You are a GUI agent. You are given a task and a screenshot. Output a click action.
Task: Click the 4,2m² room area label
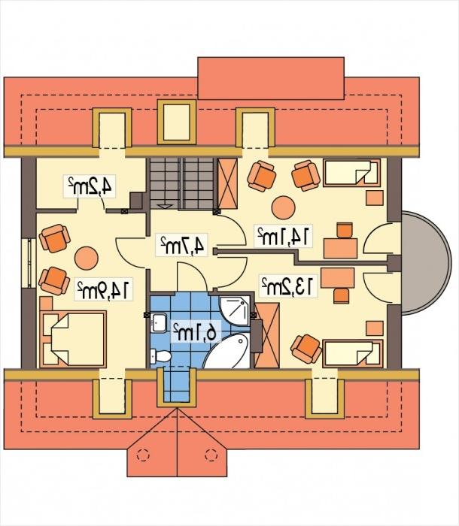(x=90, y=186)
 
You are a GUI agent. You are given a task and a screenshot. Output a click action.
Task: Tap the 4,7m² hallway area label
(x=182, y=245)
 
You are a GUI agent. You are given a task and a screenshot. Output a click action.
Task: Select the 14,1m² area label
(x=283, y=237)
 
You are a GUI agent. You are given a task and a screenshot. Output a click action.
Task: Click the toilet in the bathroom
(x=161, y=356)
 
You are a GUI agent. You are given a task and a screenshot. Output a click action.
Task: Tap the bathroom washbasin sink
(x=158, y=322)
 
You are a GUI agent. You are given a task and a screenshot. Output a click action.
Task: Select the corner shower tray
(x=235, y=310)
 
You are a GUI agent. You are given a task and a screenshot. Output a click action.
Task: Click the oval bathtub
(x=227, y=351)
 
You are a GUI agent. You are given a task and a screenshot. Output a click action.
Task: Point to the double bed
(x=73, y=339)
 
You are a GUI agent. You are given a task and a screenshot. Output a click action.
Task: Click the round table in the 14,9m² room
(x=87, y=258)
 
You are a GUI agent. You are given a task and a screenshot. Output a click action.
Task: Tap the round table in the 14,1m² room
(x=283, y=207)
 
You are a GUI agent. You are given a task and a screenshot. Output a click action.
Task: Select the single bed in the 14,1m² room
(x=352, y=173)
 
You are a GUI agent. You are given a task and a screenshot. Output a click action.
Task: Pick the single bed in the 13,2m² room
(x=352, y=354)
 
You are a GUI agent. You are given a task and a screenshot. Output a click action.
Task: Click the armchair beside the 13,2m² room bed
(x=306, y=349)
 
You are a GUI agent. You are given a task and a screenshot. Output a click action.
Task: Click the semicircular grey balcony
(x=426, y=263)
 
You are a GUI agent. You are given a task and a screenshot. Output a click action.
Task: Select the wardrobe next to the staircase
(x=227, y=184)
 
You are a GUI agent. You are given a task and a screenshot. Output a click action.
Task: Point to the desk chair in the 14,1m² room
(x=345, y=230)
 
